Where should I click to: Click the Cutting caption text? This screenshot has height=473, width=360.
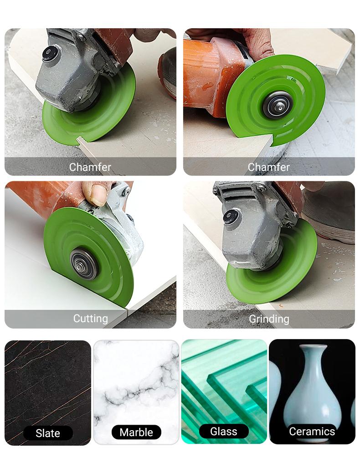[x=90, y=319]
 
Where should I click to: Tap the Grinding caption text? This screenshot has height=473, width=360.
[x=269, y=319]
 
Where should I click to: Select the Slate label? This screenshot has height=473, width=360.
[x=48, y=433]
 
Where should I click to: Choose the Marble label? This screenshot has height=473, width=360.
[x=136, y=432]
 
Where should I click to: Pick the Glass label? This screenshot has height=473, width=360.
[x=224, y=431]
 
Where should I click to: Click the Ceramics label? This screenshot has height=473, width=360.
[x=312, y=431]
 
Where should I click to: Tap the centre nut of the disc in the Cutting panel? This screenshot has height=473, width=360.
[x=84, y=264]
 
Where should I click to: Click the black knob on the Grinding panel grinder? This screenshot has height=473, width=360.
[x=231, y=216]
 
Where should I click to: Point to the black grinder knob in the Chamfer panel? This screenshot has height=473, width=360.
[x=50, y=54]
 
